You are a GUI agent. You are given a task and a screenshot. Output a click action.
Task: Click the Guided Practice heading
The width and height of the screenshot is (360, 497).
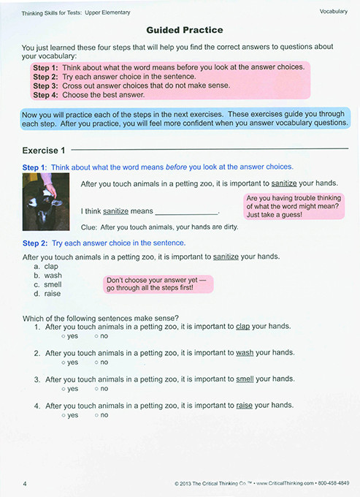click(x=184, y=30)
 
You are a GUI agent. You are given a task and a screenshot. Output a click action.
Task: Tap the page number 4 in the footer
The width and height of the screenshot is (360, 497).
click(x=25, y=483)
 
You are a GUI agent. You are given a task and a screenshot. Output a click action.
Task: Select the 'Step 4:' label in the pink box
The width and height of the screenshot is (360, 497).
click(x=46, y=94)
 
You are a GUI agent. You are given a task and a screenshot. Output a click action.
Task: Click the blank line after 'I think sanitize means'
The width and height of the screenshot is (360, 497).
click(x=187, y=211)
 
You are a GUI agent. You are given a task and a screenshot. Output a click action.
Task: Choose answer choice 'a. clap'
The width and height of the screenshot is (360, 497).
click(x=46, y=267)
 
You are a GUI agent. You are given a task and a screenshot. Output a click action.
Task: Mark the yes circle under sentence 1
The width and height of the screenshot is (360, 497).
click(x=64, y=335)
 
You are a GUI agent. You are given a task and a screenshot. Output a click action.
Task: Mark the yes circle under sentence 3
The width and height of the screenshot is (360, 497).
click(x=64, y=388)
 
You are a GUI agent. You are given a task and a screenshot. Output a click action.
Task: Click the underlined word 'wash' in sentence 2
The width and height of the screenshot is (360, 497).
click(x=245, y=352)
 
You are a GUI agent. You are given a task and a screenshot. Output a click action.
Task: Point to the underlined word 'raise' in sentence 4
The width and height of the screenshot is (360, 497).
click(x=245, y=405)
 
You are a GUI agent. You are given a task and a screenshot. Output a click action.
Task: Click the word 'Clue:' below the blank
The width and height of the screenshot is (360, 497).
click(x=89, y=227)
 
